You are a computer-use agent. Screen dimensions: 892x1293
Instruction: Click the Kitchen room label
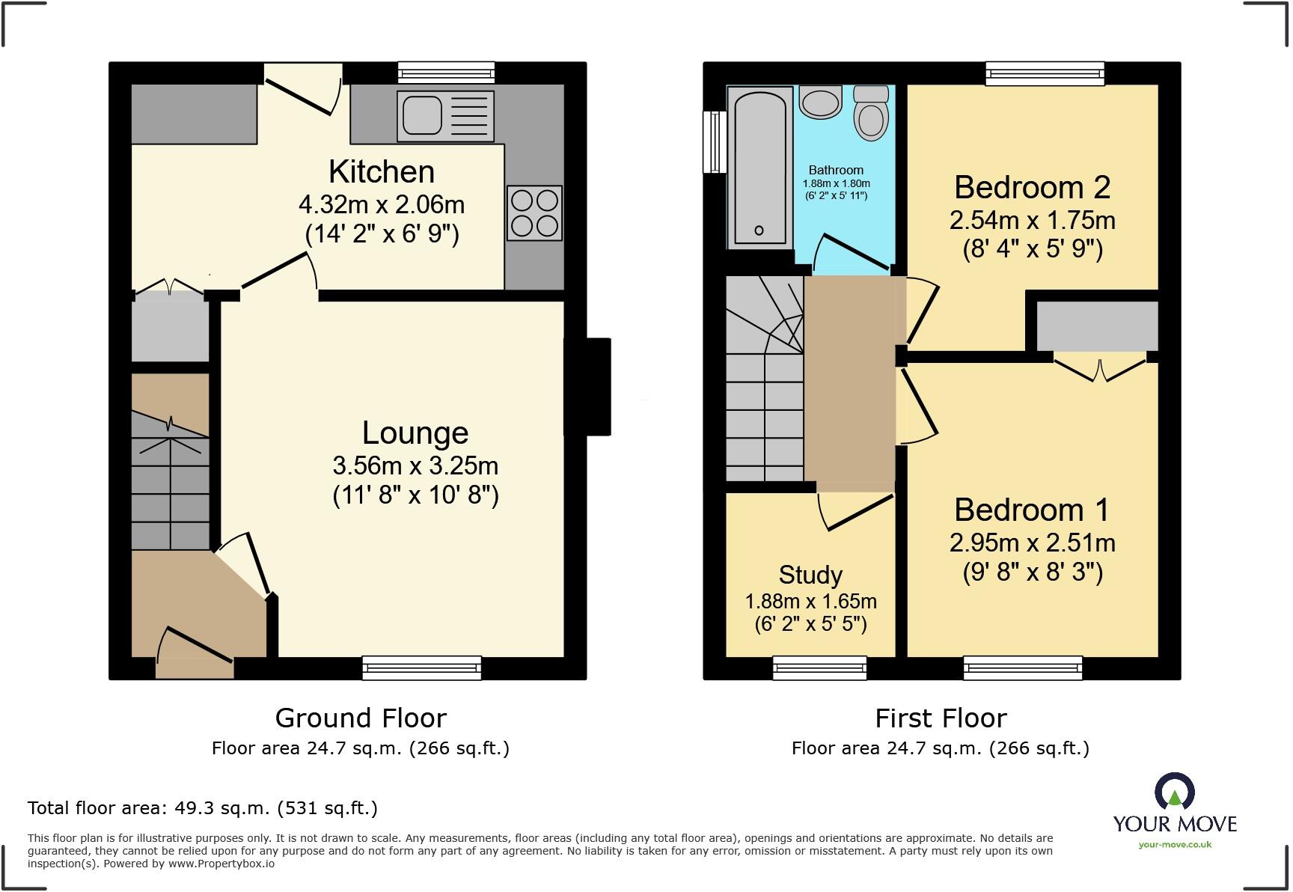point(382,172)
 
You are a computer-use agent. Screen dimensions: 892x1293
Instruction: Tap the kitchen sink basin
point(422,115)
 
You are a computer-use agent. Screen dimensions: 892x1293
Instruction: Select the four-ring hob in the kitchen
point(534,213)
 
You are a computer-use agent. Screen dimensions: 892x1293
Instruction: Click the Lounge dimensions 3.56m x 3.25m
point(415,465)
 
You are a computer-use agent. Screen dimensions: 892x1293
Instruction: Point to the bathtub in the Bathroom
point(759,167)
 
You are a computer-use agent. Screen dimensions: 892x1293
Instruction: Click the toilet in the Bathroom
point(871,114)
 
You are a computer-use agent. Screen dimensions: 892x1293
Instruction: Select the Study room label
point(810,575)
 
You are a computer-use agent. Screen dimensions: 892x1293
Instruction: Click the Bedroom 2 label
point(1032,187)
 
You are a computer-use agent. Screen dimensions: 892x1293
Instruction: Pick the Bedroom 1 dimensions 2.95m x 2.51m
point(1032,543)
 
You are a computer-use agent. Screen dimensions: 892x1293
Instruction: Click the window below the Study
point(819,668)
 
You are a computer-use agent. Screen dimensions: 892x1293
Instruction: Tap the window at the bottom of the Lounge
point(421,668)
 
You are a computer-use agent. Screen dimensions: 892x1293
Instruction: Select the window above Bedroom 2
point(1045,73)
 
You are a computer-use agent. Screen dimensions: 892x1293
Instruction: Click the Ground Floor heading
point(361,718)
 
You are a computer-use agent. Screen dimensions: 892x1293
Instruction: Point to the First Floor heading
point(941,718)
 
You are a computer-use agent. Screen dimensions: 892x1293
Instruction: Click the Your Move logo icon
point(1174,792)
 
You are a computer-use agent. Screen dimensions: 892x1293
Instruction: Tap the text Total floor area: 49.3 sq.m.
point(202,808)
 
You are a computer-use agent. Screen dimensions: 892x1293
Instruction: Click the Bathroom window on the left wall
point(715,141)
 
